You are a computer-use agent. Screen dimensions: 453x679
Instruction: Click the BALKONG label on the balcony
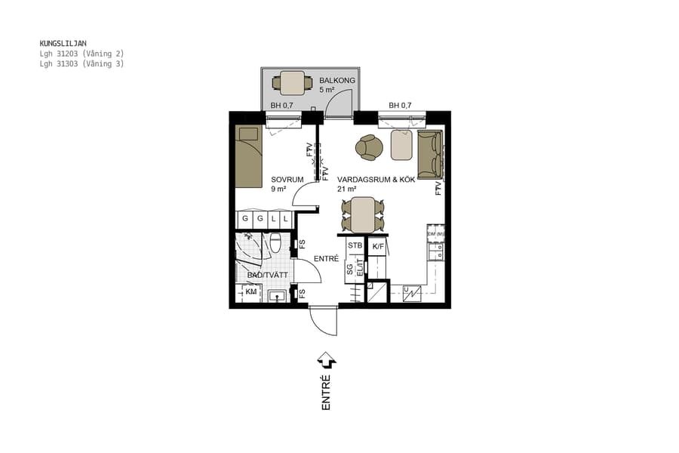coord(336,80)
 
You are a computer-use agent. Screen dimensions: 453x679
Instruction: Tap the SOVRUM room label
coord(287,180)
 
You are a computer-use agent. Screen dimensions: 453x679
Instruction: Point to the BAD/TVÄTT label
coord(267,275)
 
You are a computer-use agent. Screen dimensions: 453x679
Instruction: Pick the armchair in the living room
coord(370,147)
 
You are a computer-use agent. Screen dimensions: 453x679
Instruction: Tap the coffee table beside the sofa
coord(402,145)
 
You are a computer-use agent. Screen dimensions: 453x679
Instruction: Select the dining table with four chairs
coord(362,215)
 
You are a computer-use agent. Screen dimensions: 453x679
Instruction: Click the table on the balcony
coord(292,82)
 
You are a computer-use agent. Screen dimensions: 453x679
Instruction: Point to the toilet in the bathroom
coord(276,243)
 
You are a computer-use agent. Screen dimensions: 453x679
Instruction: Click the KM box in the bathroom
coord(250,292)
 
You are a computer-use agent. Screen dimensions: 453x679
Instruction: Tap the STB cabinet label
coord(355,245)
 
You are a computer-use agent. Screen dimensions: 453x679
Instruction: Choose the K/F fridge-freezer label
coord(378,245)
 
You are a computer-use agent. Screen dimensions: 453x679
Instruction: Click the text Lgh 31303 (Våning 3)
coord(81,64)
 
